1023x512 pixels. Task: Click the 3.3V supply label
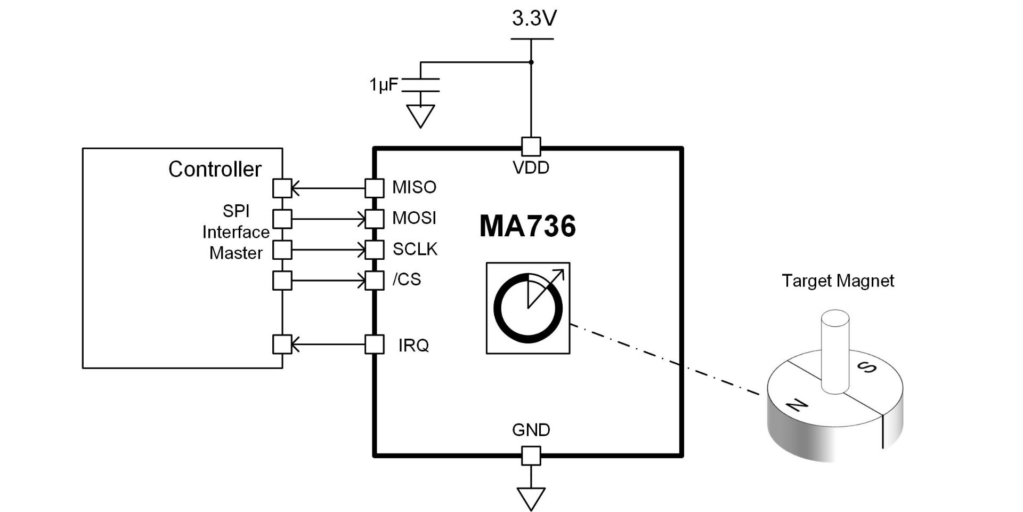(x=534, y=18)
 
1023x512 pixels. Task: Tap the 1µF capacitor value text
(x=384, y=85)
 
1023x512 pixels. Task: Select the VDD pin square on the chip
(x=531, y=147)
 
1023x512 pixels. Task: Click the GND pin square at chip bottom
(x=531, y=456)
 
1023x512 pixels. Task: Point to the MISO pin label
(x=414, y=187)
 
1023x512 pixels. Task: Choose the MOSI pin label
(x=414, y=218)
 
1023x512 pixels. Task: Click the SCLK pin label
(x=415, y=249)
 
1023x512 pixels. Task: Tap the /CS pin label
(x=407, y=279)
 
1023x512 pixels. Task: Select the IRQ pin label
(x=413, y=346)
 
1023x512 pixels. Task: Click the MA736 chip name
(x=527, y=226)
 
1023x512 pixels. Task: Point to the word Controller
(x=215, y=169)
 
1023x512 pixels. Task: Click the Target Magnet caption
(x=838, y=281)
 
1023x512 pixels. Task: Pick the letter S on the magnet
(x=867, y=367)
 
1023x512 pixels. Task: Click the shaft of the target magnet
(x=834, y=352)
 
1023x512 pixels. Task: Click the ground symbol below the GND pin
(x=531, y=499)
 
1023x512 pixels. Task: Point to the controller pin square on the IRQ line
(x=282, y=345)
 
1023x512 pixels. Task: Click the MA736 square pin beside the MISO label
(x=374, y=188)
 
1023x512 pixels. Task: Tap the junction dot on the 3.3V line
(x=531, y=62)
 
